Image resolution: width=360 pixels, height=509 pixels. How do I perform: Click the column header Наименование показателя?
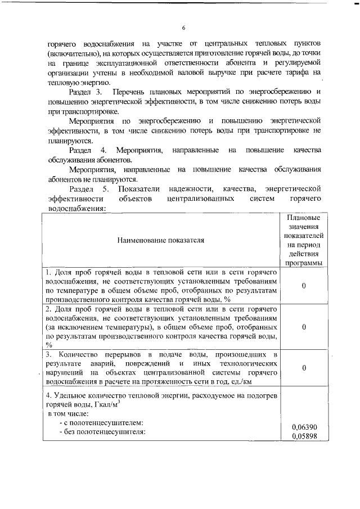coord(160,240)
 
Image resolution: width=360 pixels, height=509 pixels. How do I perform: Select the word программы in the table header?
coord(303,262)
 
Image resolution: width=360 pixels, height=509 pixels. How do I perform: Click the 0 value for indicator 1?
coord(303,286)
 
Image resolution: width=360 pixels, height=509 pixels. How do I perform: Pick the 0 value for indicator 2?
coord(303,327)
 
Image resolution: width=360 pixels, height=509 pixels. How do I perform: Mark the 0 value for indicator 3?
coord(303,367)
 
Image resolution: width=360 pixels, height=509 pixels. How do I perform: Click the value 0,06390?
coord(304,427)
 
